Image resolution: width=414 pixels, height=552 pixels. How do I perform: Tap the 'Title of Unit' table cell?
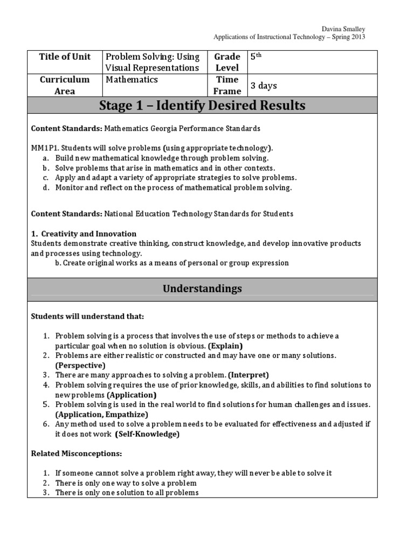[x=65, y=57]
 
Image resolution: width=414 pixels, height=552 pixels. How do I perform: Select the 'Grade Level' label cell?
[x=227, y=62]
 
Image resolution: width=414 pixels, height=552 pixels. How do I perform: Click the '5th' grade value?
[x=255, y=56]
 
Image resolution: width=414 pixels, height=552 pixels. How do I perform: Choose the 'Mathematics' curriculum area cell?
[x=132, y=79]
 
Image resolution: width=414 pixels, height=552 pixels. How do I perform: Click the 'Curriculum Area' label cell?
[x=65, y=85]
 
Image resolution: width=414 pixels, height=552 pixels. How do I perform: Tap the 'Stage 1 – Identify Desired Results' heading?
[x=202, y=106]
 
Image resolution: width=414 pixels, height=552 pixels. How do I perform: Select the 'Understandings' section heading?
[x=202, y=288]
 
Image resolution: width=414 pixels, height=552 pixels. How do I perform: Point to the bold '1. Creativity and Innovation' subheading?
[x=84, y=233]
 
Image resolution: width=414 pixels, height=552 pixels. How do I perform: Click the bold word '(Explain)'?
[x=225, y=346]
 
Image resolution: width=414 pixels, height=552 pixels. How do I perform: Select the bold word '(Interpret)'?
[x=248, y=375]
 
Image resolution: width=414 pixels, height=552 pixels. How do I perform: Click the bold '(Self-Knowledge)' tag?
[x=147, y=434]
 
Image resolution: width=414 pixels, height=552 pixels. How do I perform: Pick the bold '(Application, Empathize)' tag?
[x=101, y=414]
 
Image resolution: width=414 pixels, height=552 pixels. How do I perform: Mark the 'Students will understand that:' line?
[x=87, y=316]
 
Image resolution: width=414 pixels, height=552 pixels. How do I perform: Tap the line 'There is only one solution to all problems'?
[x=127, y=492]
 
